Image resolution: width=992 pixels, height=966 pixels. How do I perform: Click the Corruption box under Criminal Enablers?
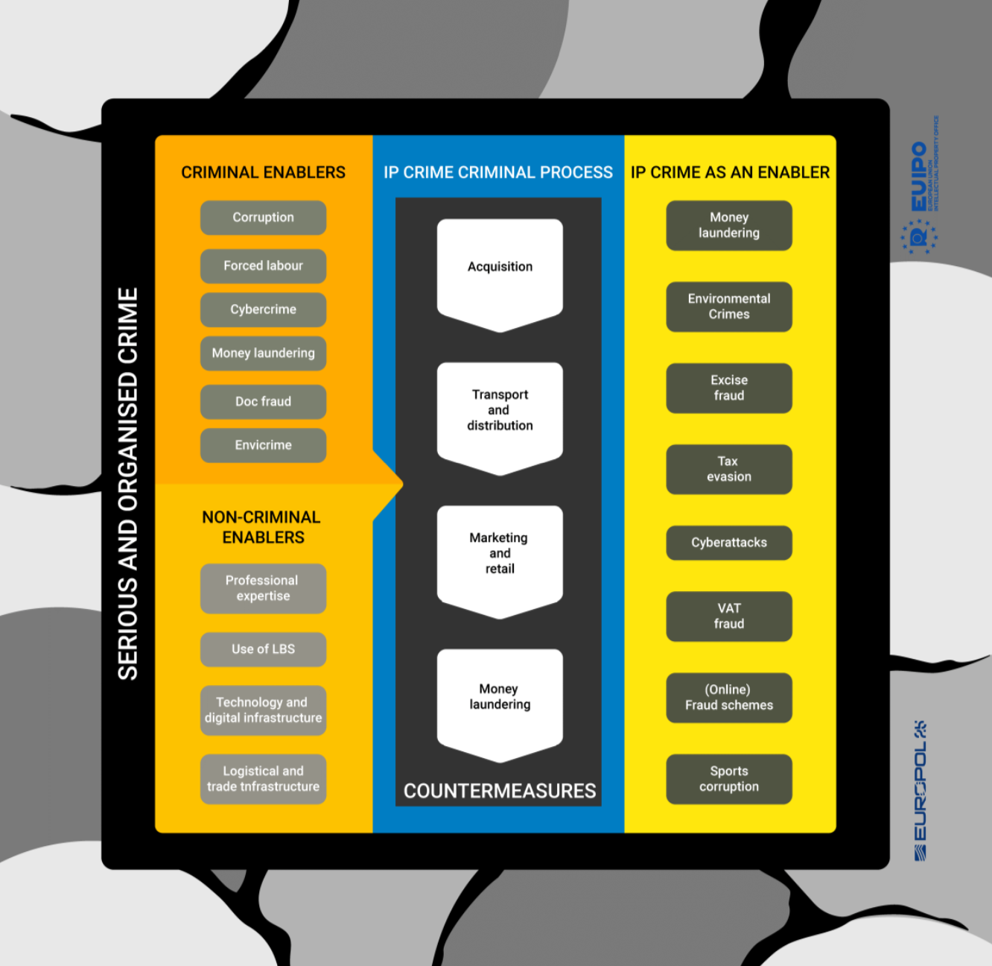point(263,218)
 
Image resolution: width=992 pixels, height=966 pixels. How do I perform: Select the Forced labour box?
point(263,266)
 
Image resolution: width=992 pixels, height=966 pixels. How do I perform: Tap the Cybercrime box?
point(263,309)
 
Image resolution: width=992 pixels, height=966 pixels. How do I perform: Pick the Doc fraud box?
point(263,402)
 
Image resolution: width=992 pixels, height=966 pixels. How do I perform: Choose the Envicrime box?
point(263,445)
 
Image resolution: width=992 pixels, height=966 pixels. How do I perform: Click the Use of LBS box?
point(263,649)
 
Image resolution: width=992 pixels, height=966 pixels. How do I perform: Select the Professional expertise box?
point(263,588)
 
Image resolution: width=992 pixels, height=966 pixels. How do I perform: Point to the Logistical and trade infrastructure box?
point(263,779)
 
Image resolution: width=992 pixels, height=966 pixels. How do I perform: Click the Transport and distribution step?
point(500,412)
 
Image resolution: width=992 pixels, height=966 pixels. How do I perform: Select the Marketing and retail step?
point(500,555)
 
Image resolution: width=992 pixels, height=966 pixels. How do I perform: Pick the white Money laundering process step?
point(500,698)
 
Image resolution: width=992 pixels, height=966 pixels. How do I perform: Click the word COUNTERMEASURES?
point(500,791)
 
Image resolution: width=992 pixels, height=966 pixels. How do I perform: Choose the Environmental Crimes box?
point(728,306)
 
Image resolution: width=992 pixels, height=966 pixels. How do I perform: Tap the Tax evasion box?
point(728,469)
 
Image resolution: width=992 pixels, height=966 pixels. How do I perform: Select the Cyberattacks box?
point(728,543)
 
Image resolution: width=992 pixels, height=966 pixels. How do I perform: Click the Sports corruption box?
point(728,779)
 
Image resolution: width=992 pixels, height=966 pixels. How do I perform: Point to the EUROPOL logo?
point(921,791)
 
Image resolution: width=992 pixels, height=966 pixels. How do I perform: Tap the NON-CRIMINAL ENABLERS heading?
point(262,527)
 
